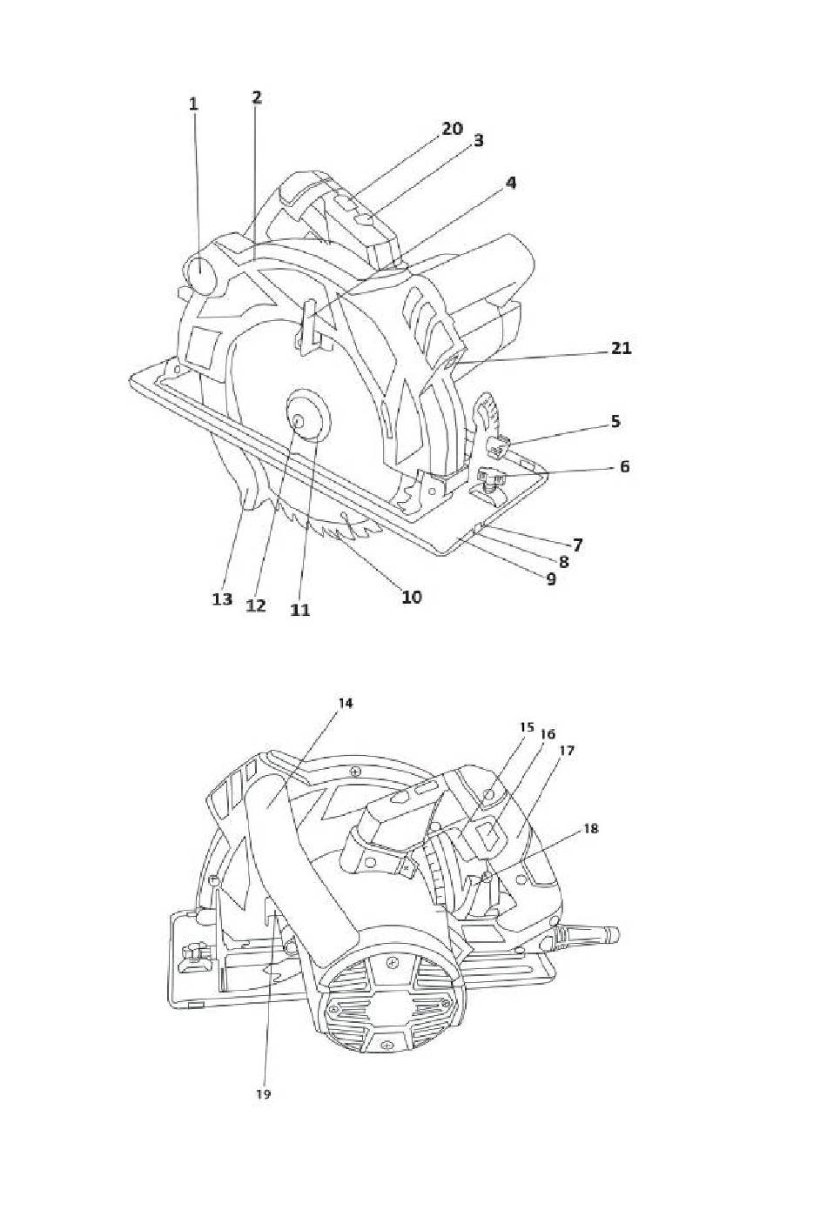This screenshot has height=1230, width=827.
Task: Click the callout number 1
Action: point(193,104)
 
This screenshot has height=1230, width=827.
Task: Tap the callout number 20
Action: point(453,129)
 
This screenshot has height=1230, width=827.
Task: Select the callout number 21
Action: point(621,348)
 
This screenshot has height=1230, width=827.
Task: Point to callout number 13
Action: point(223,599)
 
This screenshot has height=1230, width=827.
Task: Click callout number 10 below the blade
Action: point(412,597)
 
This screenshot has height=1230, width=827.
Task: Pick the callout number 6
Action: point(624,467)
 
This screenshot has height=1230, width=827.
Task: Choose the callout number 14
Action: point(345,704)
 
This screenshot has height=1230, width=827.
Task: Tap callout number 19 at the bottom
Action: point(263,1094)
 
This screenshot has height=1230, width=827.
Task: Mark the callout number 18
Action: point(591,829)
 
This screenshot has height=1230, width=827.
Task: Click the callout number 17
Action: point(567,750)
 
